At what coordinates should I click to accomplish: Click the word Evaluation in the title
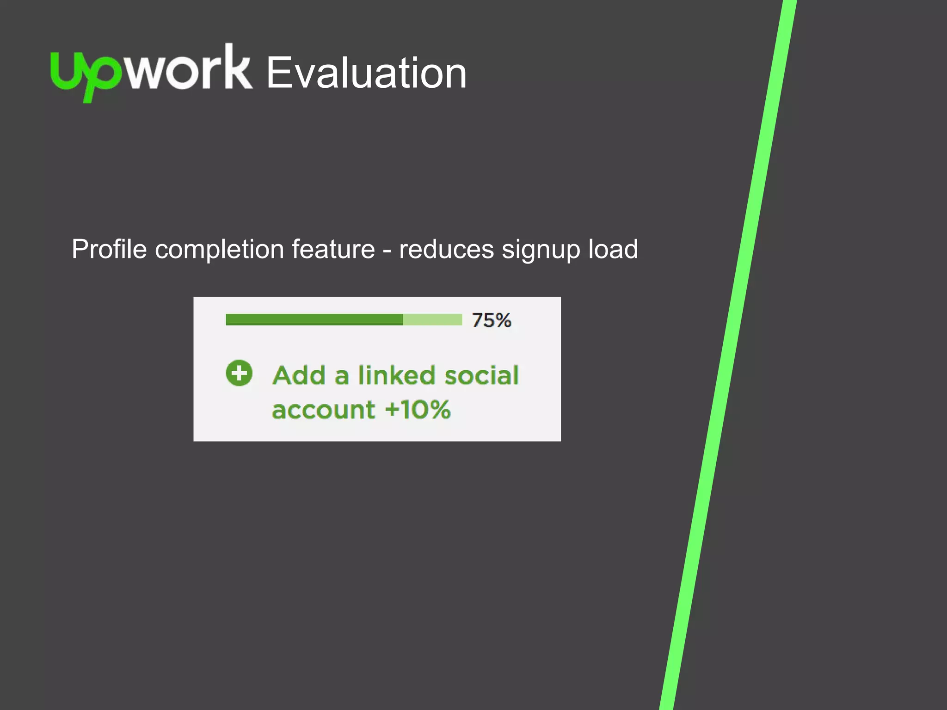[x=366, y=73]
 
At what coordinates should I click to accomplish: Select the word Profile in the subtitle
[x=109, y=250]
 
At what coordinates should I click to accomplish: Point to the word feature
[x=333, y=250]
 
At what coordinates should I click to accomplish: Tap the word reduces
[x=446, y=250]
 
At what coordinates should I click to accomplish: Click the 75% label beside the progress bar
[x=491, y=320]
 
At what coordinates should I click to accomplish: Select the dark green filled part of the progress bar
[x=314, y=319]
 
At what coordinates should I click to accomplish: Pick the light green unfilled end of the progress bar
[x=432, y=319]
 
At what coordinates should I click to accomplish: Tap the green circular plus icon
[x=239, y=373]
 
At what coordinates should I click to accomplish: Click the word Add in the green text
[x=299, y=375]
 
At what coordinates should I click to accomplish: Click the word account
[x=323, y=410]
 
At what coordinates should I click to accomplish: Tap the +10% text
[x=418, y=410]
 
